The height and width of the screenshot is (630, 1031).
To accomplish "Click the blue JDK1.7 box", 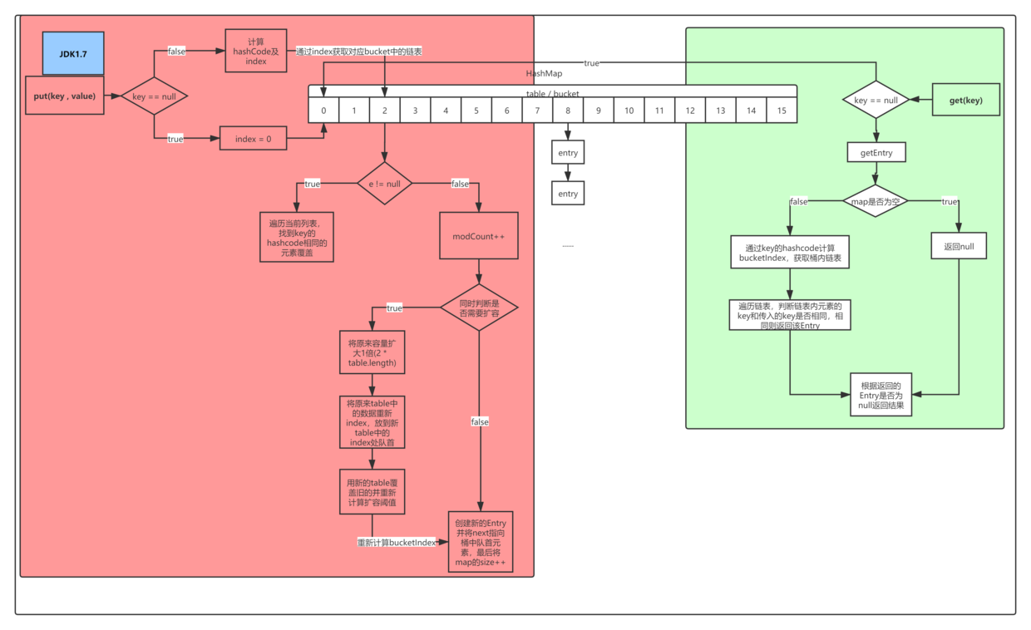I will pyautogui.click(x=73, y=53).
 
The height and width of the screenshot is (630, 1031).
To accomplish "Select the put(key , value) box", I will pyautogui.click(x=64, y=96).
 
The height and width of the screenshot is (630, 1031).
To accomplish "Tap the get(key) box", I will pyautogui.click(x=965, y=100).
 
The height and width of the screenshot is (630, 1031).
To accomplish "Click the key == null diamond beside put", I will pyautogui.click(x=154, y=96).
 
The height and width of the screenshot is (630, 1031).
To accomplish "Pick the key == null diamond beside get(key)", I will pyautogui.click(x=876, y=100).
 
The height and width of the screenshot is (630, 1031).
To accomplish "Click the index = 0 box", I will pyautogui.click(x=253, y=139).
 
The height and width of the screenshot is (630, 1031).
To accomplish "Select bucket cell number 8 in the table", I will pyautogui.click(x=568, y=111).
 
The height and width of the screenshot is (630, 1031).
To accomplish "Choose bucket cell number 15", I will pyautogui.click(x=782, y=111).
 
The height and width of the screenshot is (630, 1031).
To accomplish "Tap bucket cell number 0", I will pyautogui.click(x=324, y=111).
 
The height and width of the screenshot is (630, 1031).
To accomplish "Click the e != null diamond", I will pyautogui.click(x=384, y=183).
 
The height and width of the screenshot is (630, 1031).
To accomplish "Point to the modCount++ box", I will pyautogui.click(x=478, y=236).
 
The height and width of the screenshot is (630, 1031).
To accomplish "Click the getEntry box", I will pyautogui.click(x=876, y=153).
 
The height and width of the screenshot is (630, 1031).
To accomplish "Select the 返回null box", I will pyautogui.click(x=959, y=247).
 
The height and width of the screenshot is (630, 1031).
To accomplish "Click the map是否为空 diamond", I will pyautogui.click(x=876, y=201).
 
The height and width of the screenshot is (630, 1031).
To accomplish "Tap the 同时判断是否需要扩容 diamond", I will pyautogui.click(x=478, y=308).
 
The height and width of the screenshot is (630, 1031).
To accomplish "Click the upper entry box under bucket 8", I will pyautogui.click(x=568, y=153).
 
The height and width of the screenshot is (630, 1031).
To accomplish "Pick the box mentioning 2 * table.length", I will pyautogui.click(x=372, y=352).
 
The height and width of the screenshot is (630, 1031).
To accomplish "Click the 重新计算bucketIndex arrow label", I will pyautogui.click(x=397, y=542).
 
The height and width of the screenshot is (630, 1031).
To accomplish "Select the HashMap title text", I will pyautogui.click(x=544, y=74).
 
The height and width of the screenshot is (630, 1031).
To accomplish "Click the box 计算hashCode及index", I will pyautogui.click(x=256, y=51).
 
